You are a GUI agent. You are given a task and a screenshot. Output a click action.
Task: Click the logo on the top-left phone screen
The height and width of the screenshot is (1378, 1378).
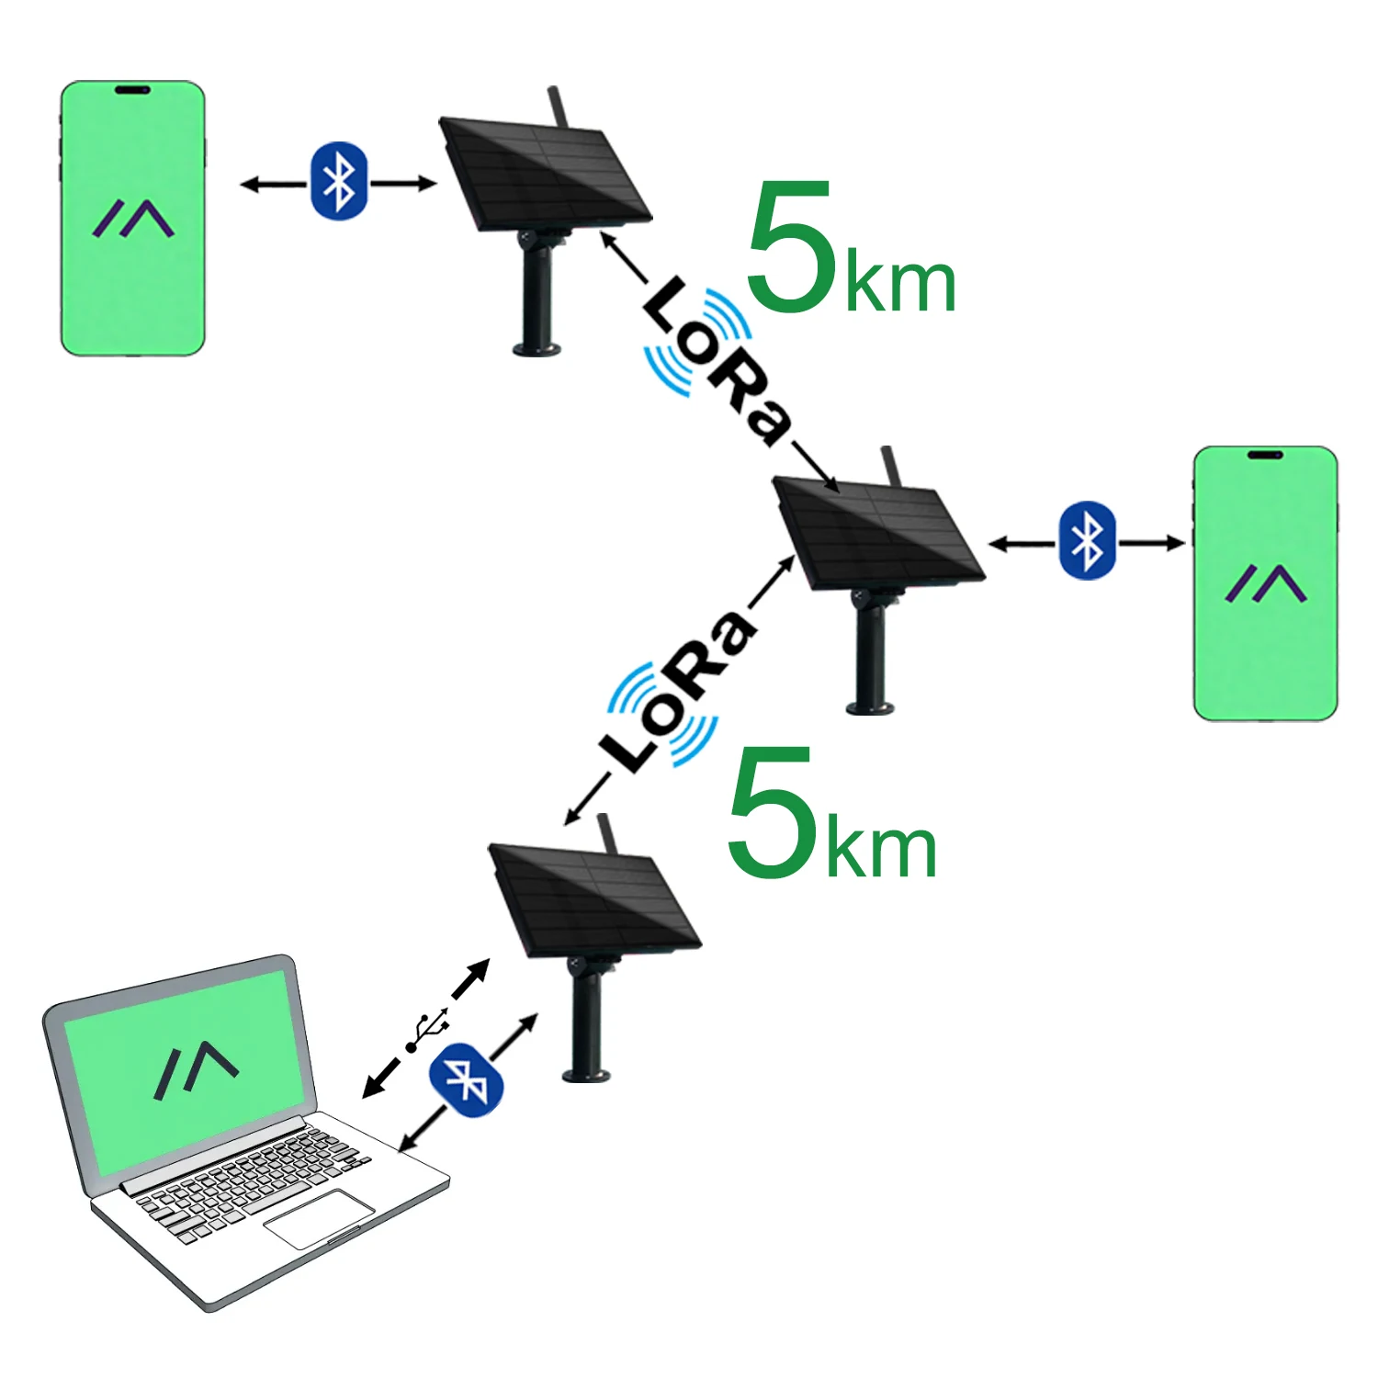click(x=133, y=219)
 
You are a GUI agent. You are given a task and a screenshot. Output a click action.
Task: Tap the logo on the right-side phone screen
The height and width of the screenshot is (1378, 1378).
click(x=1265, y=583)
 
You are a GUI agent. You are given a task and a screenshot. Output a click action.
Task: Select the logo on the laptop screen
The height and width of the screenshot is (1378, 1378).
click(x=196, y=1069)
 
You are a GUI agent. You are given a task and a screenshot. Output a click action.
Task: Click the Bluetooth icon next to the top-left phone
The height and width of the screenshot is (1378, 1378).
click(x=340, y=181)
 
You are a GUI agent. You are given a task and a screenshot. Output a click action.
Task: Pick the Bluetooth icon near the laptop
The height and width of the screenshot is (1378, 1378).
click(x=467, y=1080)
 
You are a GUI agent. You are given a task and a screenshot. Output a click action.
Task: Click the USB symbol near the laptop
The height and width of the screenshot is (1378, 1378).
click(x=427, y=1031)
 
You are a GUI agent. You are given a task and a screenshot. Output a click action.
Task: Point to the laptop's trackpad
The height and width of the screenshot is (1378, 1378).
click(x=320, y=1218)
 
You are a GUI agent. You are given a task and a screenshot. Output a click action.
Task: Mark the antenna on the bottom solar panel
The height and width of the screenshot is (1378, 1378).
click(x=606, y=832)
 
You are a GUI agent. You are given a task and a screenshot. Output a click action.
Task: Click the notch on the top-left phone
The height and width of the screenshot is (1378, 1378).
click(x=132, y=90)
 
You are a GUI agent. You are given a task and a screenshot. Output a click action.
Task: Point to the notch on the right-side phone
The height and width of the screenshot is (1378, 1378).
click(x=1265, y=455)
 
